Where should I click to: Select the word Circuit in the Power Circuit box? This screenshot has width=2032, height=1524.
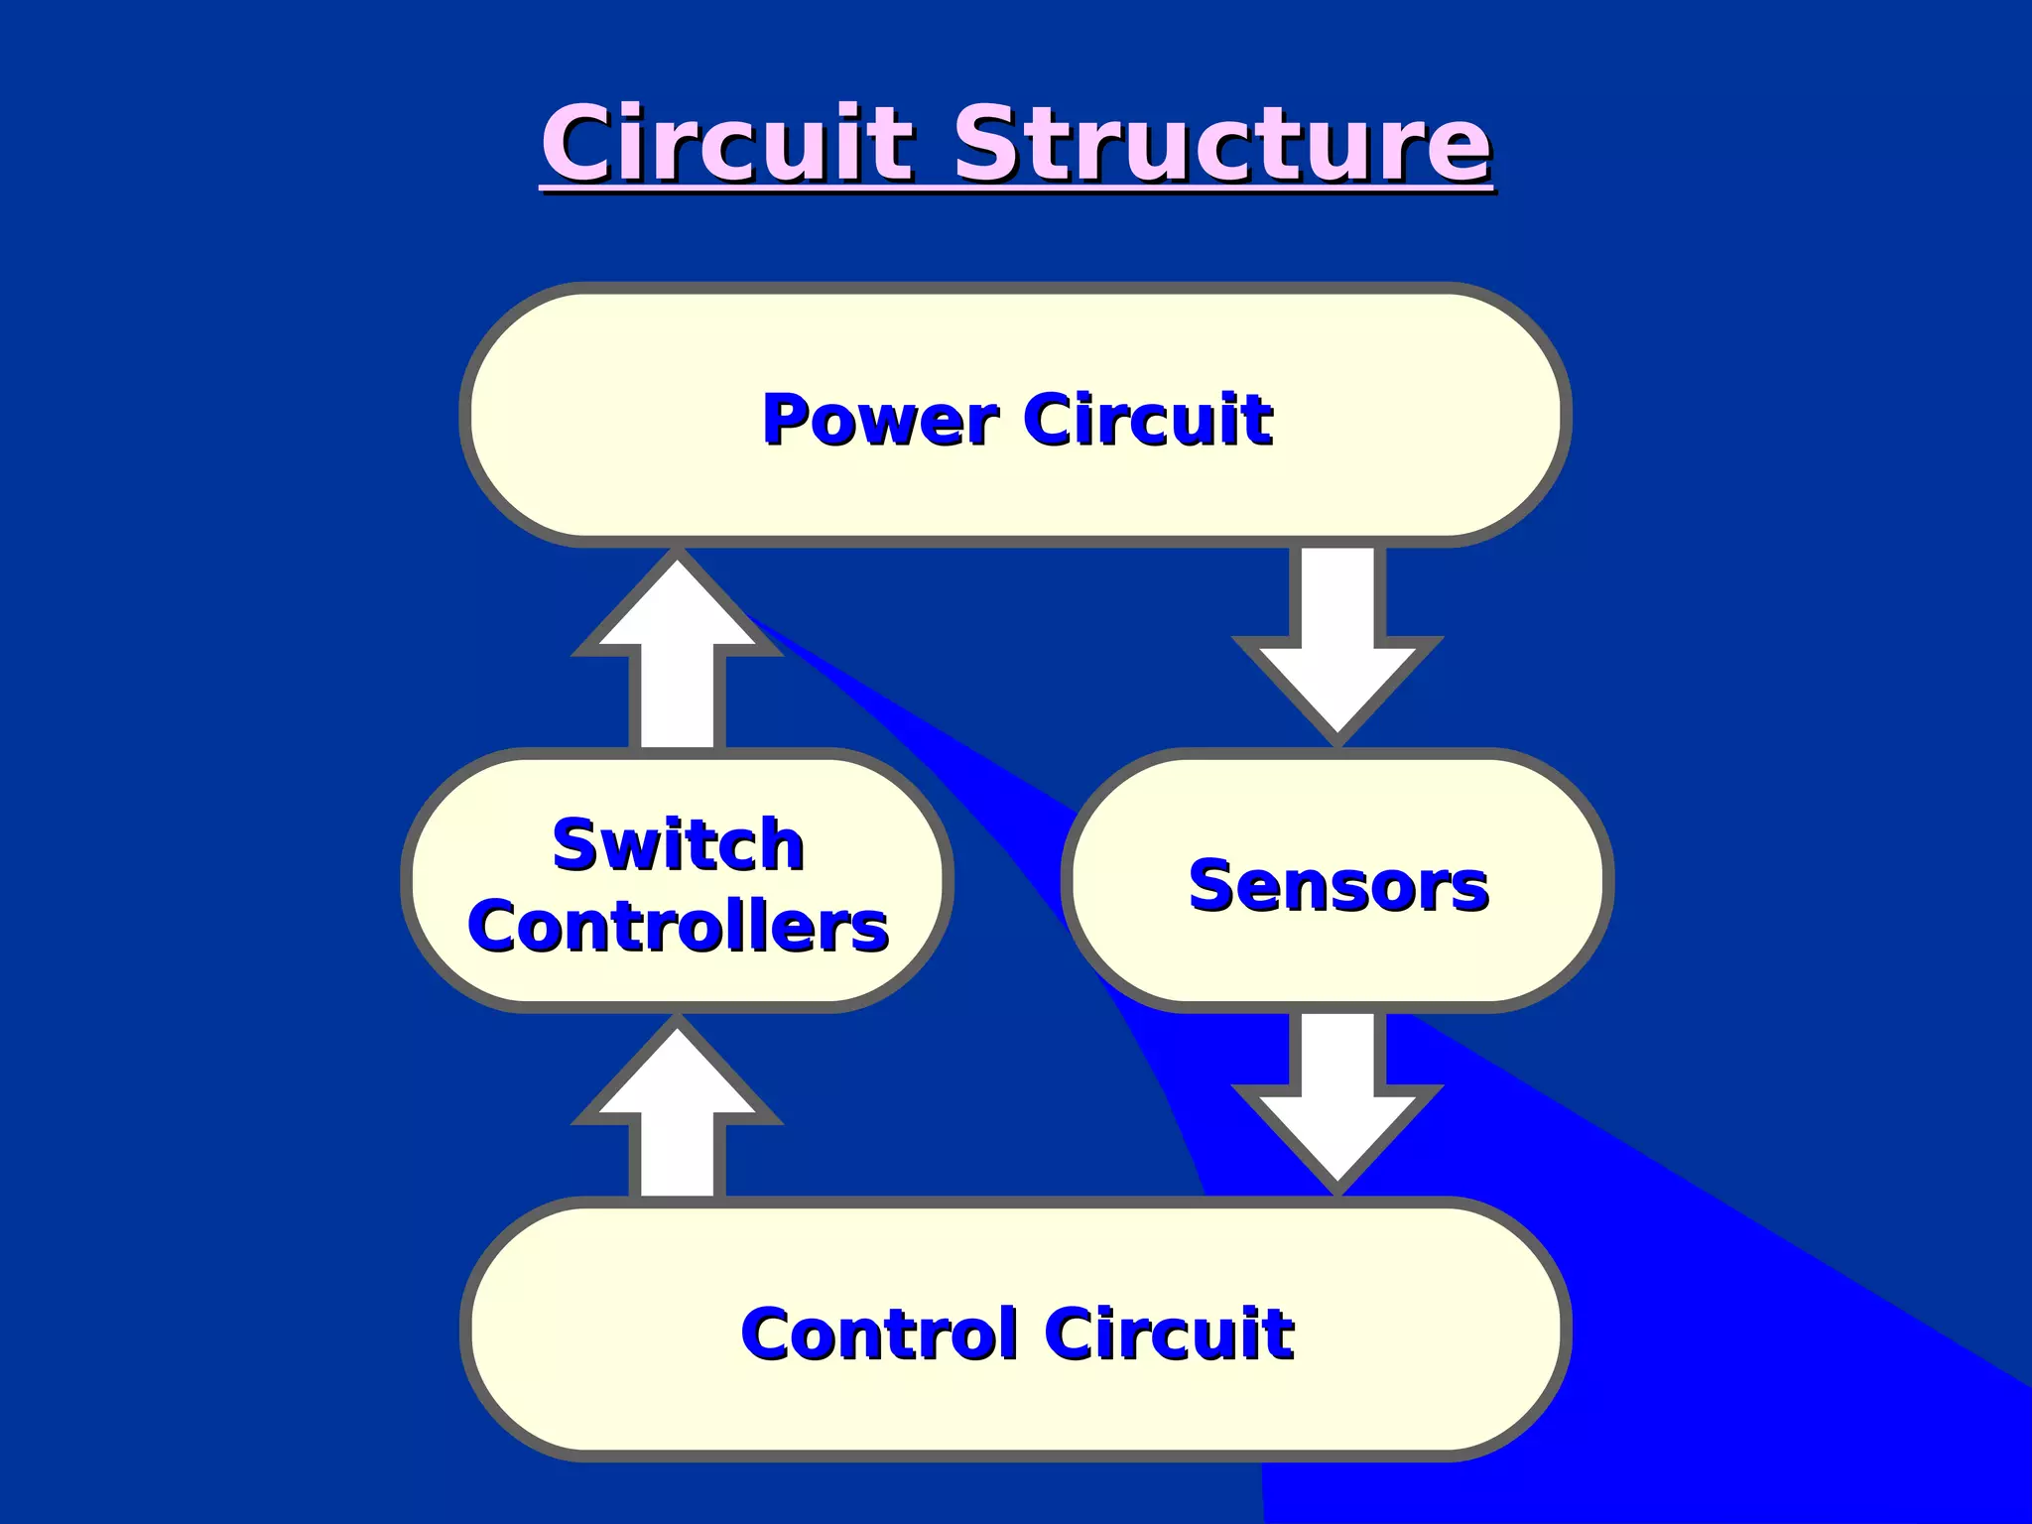coord(1148,420)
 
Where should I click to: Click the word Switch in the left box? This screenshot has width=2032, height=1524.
coord(678,845)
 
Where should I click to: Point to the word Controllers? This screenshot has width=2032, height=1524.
coord(678,927)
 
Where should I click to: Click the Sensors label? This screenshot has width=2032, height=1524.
coord(1337,885)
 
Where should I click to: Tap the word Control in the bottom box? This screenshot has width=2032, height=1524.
coord(879,1333)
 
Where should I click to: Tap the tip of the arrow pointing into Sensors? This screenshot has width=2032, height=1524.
coord(1337,739)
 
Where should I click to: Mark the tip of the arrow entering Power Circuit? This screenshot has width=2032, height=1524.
coord(678,558)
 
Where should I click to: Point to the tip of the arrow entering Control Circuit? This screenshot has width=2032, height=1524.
coord(1337,1188)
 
